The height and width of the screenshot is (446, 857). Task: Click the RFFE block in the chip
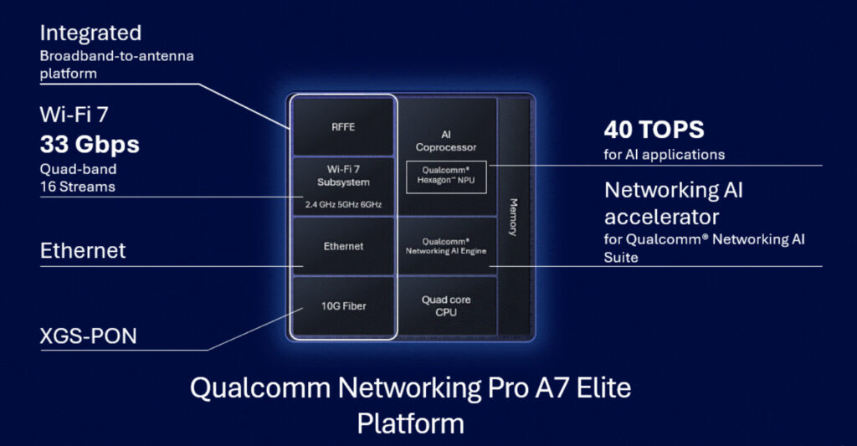coord(343,127)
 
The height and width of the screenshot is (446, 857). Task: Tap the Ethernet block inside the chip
coord(343,246)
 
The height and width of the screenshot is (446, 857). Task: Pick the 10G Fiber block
coord(343,306)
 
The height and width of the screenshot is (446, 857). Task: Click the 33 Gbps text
coord(90,145)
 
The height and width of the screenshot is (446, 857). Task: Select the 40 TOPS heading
coord(654,130)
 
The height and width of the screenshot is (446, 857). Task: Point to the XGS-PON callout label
coord(88,337)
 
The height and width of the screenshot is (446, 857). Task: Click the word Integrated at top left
coord(90,33)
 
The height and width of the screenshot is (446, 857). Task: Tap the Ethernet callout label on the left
coord(83,250)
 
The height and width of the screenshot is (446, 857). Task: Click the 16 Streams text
coord(78,187)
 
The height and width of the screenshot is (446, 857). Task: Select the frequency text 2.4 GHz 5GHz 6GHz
coord(343,203)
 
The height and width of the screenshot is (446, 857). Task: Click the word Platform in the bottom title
coord(410,423)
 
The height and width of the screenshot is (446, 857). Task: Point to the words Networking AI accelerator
coord(674,203)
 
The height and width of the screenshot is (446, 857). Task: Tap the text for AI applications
coord(664,155)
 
